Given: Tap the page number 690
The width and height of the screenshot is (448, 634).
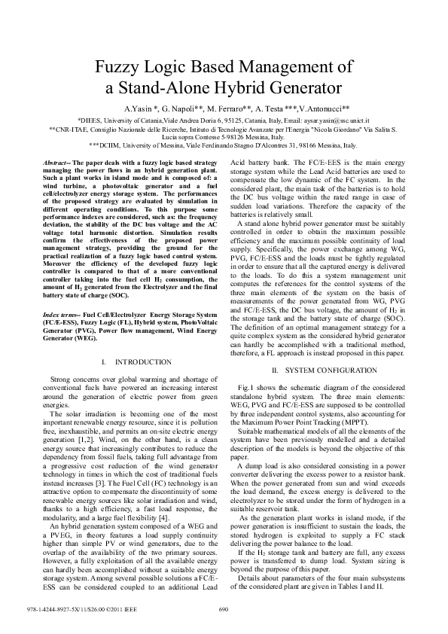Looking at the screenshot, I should pyautogui.click(x=223, y=609).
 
